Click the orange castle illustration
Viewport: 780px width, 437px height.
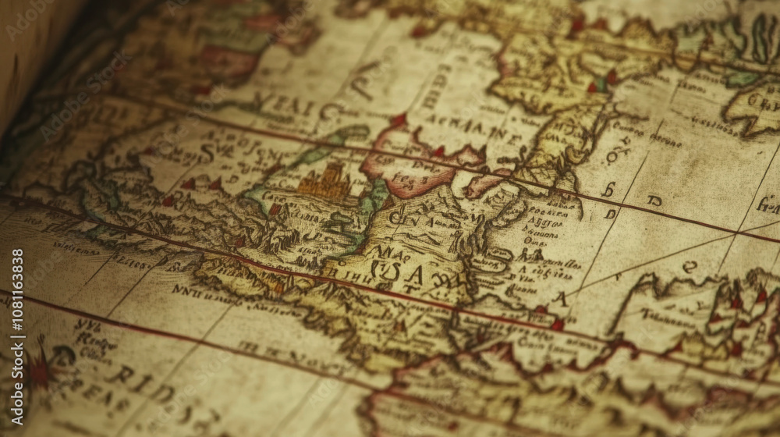pyautogui.click(x=324, y=184)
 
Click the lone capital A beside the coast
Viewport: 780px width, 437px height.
pyautogui.click(x=559, y=298)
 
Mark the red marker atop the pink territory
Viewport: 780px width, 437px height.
pyautogui.click(x=399, y=121)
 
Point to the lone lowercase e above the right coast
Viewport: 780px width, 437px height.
pyautogui.click(x=690, y=266)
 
